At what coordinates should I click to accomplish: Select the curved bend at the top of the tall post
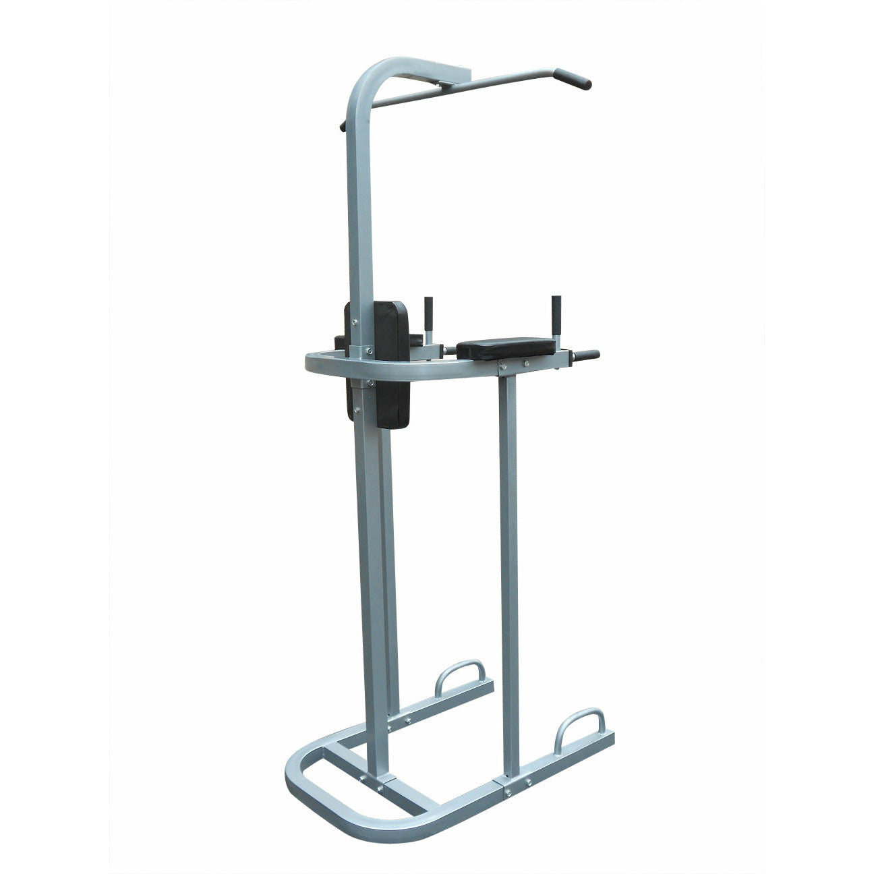click(368, 77)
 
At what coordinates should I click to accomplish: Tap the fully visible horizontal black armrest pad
click(506, 348)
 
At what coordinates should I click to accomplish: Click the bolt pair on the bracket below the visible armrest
click(514, 365)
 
